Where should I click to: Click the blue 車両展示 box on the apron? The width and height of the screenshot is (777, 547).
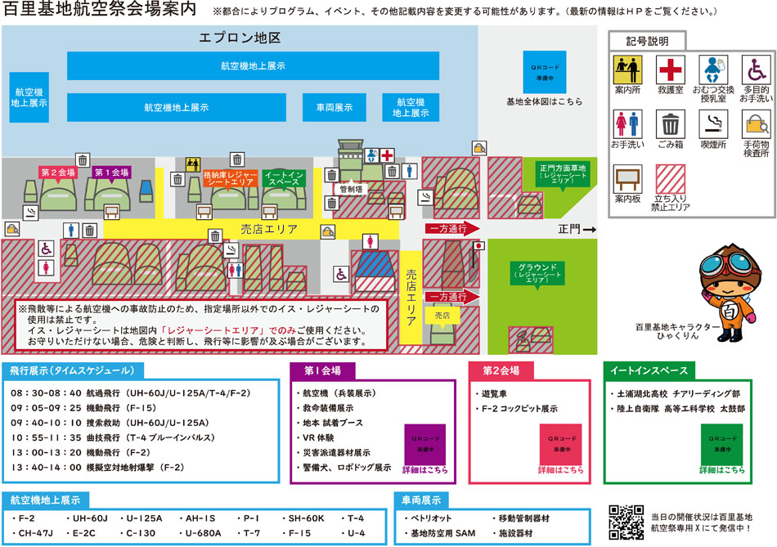(x=334, y=107)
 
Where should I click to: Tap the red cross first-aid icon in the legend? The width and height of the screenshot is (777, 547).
(x=671, y=69)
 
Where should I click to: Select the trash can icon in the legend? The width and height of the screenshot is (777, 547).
(x=671, y=124)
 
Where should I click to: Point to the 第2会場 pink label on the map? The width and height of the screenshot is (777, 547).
(x=59, y=173)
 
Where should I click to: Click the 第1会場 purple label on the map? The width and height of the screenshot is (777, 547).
(x=112, y=173)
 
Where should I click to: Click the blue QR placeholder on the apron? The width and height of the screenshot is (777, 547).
(x=545, y=72)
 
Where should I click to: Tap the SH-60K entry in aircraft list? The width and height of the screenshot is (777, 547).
(x=307, y=518)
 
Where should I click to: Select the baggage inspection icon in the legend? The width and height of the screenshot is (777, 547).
(x=755, y=124)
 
